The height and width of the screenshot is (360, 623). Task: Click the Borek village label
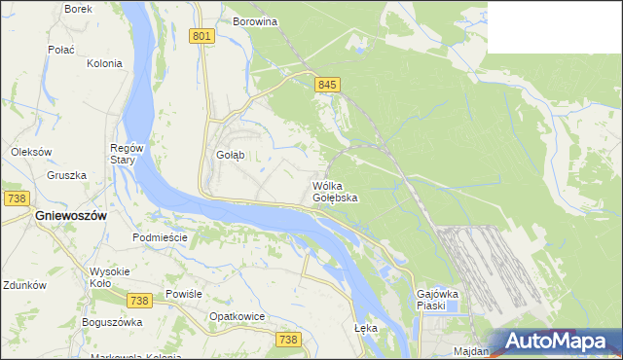click(78, 9)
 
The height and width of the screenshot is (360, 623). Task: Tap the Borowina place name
click(255, 20)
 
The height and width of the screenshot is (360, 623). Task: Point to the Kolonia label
click(104, 63)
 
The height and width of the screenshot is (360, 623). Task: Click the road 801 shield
click(202, 36)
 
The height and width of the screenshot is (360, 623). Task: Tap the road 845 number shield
click(327, 86)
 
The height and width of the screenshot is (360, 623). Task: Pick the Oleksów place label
click(30, 152)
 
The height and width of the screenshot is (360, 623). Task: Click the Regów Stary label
click(127, 154)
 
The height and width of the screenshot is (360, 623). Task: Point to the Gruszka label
click(66, 176)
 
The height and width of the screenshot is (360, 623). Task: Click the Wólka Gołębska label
click(335, 192)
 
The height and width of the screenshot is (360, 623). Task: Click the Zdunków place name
click(24, 286)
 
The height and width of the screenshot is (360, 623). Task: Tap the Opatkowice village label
click(238, 316)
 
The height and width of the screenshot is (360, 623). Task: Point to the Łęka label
click(365, 328)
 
